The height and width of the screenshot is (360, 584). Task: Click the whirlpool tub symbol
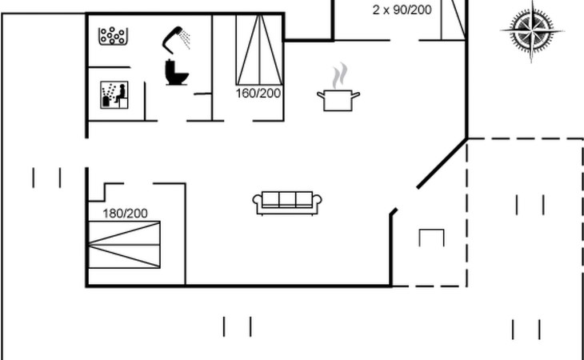click(x=114, y=36)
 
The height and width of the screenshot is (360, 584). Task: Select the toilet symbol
click(x=175, y=72)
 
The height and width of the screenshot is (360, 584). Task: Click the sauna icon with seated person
click(x=113, y=95)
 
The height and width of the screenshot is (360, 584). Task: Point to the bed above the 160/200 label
click(x=258, y=50)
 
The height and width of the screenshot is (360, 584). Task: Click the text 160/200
click(x=258, y=93)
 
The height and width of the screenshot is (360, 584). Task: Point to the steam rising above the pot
click(x=340, y=76)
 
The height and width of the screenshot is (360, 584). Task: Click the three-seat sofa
click(x=286, y=202)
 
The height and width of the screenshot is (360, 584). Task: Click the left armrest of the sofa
click(x=258, y=203)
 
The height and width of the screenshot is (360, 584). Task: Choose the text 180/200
click(x=126, y=213)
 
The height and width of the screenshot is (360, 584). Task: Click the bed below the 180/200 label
click(x=124, y=245)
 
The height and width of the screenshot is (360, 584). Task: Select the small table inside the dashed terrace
click(x=430, y=238)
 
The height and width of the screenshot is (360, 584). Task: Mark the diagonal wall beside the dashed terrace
click(x=440, y=163)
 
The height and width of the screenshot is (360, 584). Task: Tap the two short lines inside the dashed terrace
click(x=530, y=205)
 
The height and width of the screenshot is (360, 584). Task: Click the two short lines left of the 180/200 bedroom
click(x=47, y=177)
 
